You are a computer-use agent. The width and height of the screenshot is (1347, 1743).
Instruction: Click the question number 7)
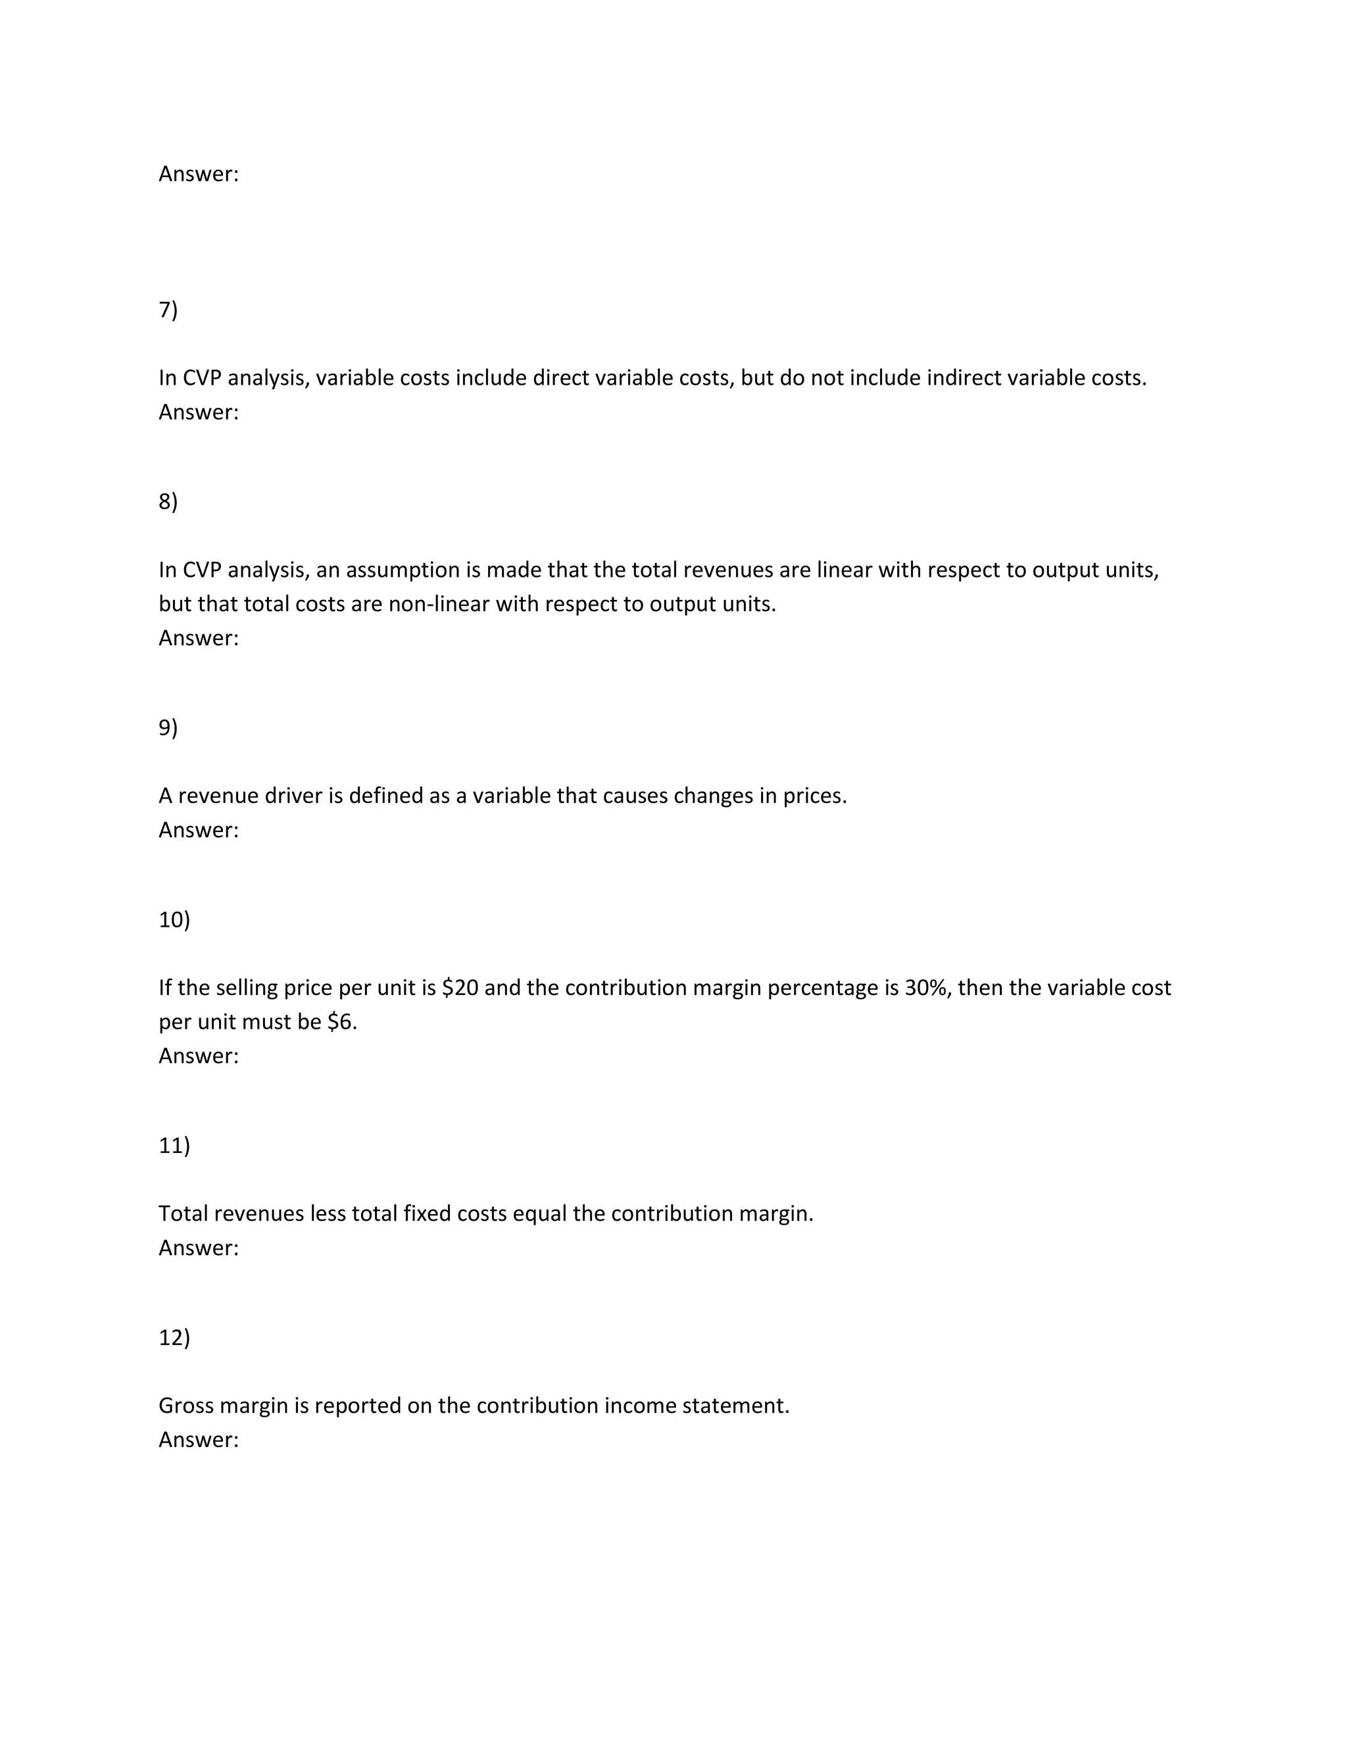168,310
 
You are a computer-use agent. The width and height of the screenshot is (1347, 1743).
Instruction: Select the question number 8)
168,502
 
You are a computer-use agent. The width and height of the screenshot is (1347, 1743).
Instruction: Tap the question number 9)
168,728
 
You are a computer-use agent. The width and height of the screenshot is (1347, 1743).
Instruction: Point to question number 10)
174,920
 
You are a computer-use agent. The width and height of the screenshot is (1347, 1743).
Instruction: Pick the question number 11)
174,1146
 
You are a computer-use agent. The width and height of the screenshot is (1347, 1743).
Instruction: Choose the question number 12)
174,1338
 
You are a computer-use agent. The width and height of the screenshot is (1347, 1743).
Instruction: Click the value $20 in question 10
460,988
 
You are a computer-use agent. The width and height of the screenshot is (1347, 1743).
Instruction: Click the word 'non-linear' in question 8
438,604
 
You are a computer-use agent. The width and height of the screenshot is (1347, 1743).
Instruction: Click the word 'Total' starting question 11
184,1214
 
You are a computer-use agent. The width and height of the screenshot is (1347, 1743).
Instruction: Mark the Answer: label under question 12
199,1440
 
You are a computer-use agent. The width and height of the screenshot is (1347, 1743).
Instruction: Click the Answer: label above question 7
199,174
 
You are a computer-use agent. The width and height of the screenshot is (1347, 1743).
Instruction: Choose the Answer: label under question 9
199,830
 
